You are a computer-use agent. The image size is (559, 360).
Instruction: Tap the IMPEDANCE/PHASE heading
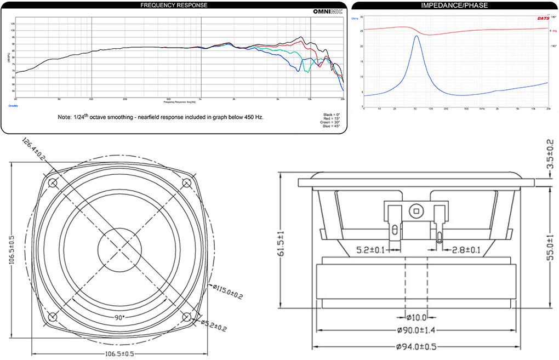(x=454, y=5)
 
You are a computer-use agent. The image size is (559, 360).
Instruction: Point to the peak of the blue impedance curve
(x=417, y=36)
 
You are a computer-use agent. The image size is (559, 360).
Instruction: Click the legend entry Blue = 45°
(x=332, y=127)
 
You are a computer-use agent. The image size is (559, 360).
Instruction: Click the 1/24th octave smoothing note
(x=161, y=117)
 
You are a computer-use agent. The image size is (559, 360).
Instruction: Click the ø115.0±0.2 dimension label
(x=227, y=292)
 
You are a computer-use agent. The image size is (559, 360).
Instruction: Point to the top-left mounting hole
(x=53, y=182)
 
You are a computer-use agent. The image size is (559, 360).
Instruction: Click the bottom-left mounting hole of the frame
(x=53, y=316)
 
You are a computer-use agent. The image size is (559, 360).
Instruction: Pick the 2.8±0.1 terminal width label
(x=465, y=250)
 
